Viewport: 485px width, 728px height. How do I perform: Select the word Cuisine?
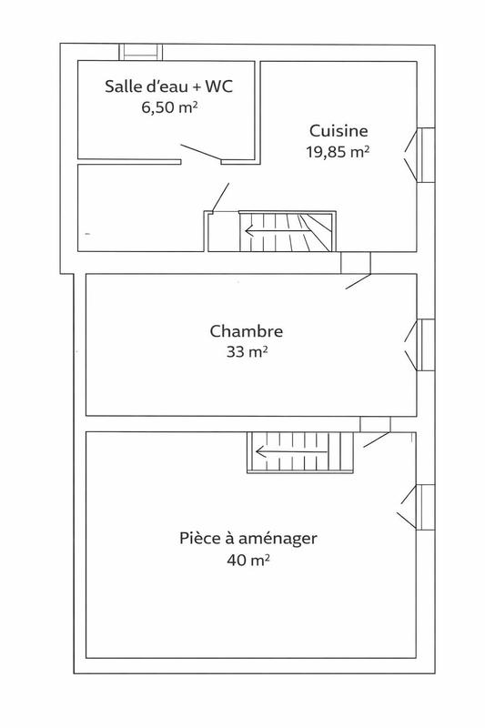click(x=338, y=130)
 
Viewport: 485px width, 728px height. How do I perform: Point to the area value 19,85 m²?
click(x=337, y=151)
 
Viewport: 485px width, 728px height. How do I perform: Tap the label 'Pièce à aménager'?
click(x=248, y=538)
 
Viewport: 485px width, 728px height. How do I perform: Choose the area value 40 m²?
click(x=248, y=560)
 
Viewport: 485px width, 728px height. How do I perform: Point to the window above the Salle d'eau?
click(x=142, y=51)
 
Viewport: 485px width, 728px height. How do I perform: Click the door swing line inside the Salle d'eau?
click(x=199, y=152)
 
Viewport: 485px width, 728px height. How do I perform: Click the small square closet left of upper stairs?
click(x=221, y=232)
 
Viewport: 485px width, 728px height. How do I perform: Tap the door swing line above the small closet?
click(x=220, y=197)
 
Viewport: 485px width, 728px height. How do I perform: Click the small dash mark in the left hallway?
click(x=87, y=233)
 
